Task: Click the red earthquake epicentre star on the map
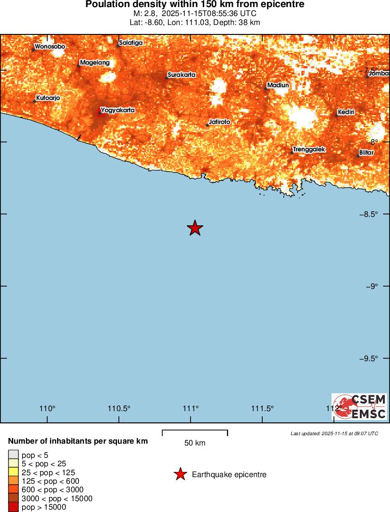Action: (195, 228)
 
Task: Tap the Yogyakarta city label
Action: (117, 110)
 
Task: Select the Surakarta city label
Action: (182, 75)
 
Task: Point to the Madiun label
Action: (278, 85)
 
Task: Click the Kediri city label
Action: (346, 112)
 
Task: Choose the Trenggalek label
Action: (309, 149)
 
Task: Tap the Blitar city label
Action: (366, 152)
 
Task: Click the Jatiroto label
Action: (219, 122)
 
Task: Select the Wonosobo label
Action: (50, 47)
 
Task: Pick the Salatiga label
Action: (131, 42)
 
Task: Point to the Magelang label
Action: (94, 62)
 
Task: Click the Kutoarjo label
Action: (48, 98)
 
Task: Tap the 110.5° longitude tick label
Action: (119, 408)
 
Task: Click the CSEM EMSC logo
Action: (359, 406)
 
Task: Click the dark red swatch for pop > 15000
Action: (13, 507)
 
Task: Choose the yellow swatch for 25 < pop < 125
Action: (13, 472)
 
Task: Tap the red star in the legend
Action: (180, 474)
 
